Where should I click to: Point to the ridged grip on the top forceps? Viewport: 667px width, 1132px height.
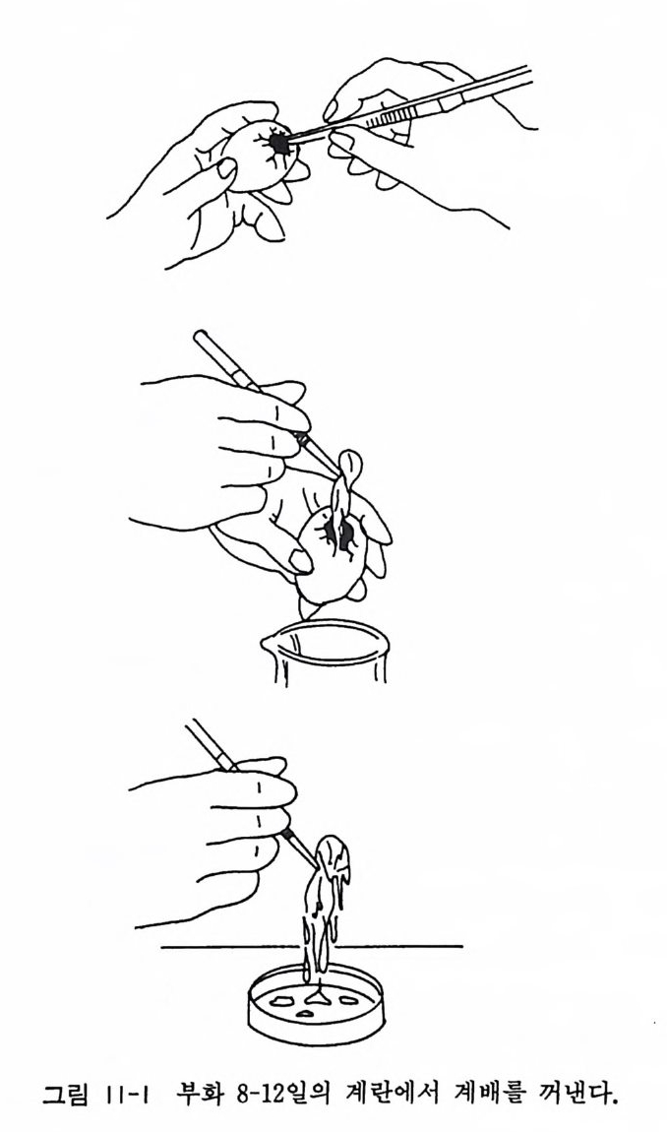click(388, 117)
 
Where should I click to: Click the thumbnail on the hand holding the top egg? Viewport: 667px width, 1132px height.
click(226, 168)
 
